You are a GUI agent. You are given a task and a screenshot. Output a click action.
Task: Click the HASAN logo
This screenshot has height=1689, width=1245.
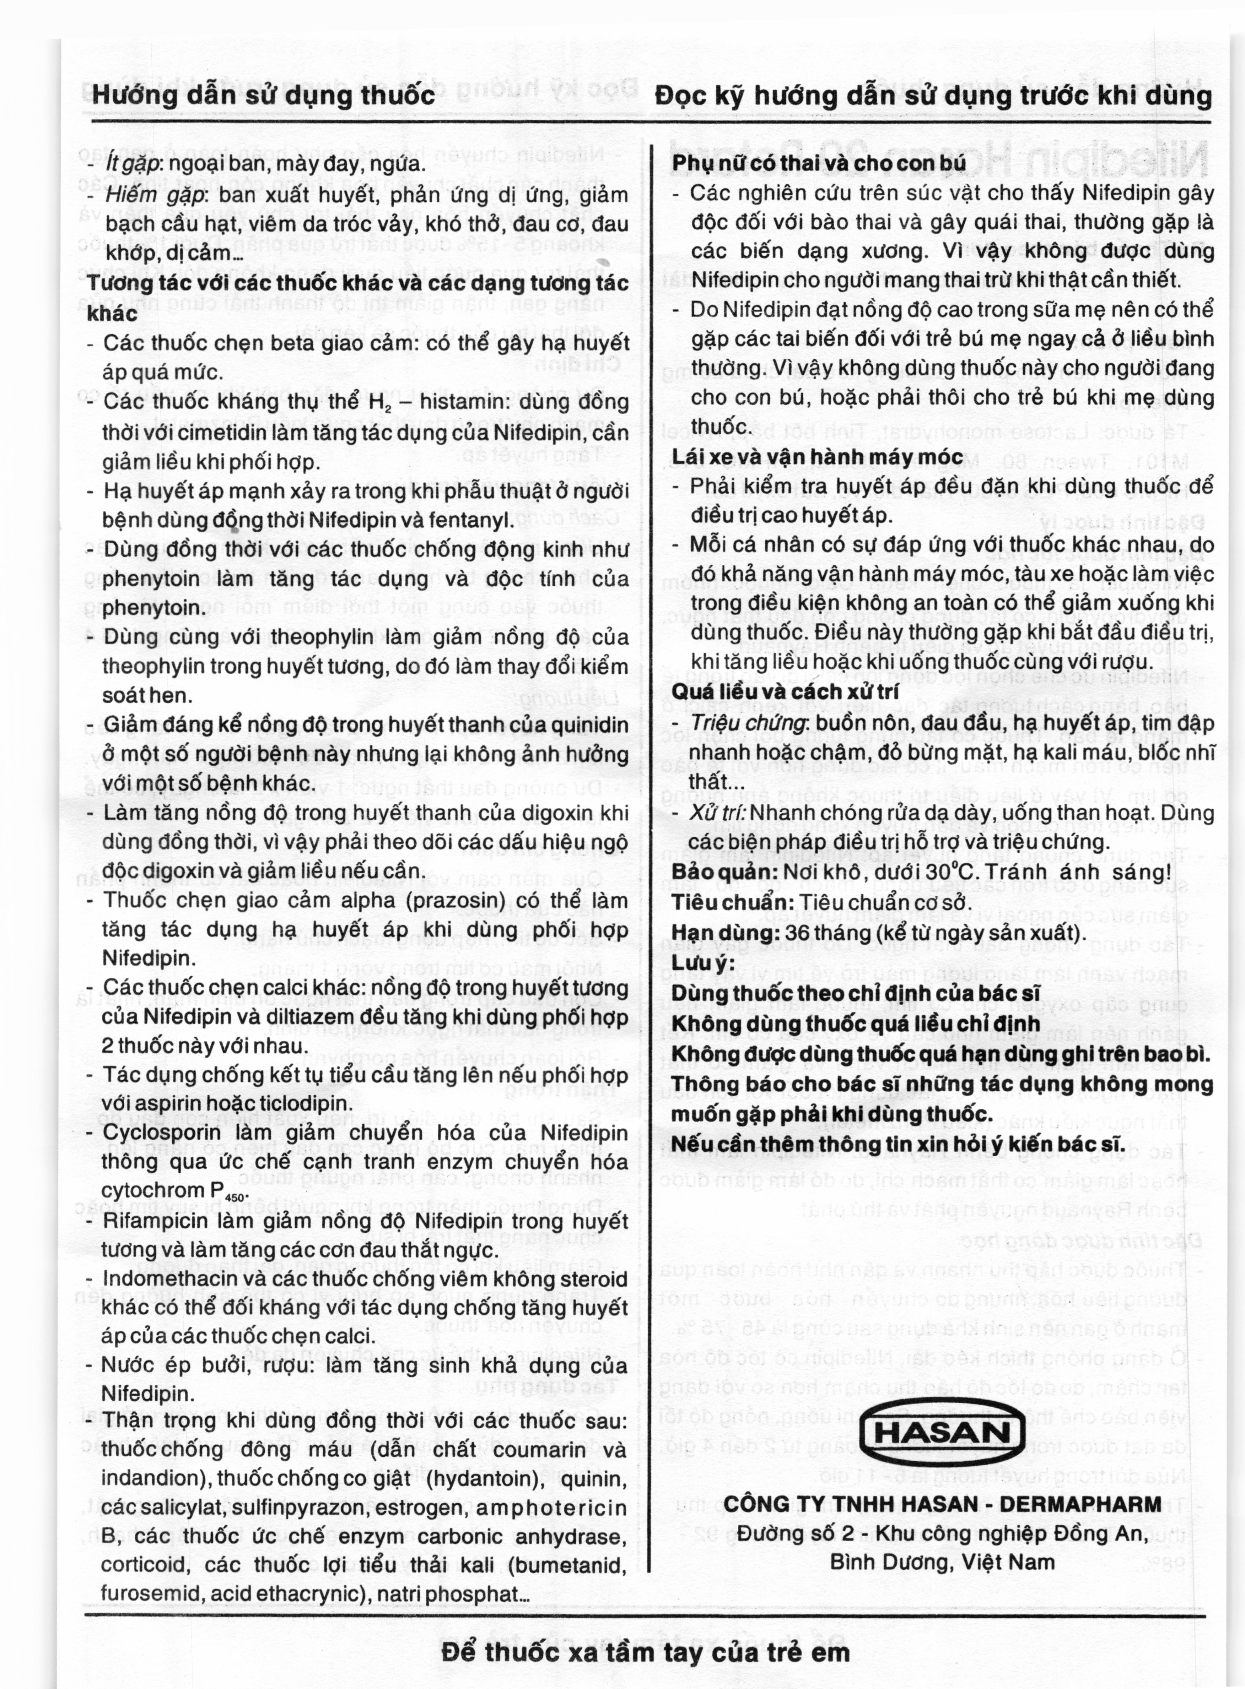tap(942, 1433)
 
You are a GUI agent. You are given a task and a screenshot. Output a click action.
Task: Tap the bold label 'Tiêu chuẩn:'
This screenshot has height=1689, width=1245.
tap(731, 903)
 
